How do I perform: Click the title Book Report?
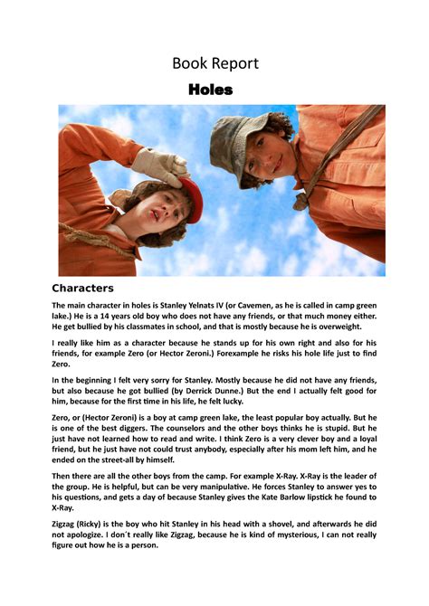(x=214, y=63)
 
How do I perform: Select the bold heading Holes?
(x=211, y=90)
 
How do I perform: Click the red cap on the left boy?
(x=187, y=194)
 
